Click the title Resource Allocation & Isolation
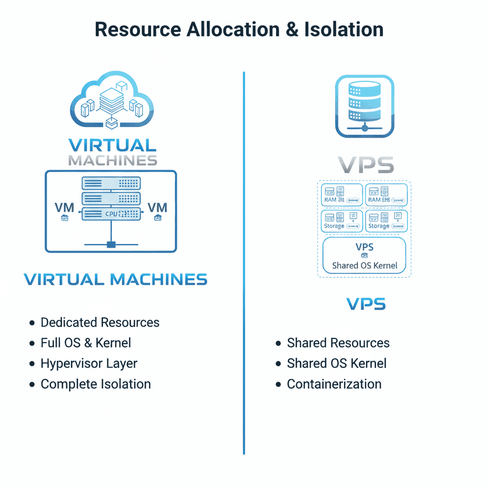click(x=239, y=30)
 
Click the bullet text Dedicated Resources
click(x=100, y=323)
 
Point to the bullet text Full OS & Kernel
click(x=85, y=343)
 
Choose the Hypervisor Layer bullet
click(x=89, y=364)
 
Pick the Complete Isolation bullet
click(x=95, y=384)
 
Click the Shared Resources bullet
click(x=338, y=343)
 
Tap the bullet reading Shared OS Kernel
click(x=336, y=364)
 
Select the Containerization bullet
click(x=334, y=384)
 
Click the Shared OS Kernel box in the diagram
click(x=365, y=256)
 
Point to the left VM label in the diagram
click(x=65, y=208)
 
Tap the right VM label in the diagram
click(x=157, y=208)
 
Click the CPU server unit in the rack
click(x=111, y=213)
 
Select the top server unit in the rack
click(x=111, y=183)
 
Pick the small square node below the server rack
click(x=111, y=244)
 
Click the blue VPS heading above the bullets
click(x=366, y=304)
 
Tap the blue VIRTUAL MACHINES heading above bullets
click(x=116, y=279)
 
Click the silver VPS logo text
click(x=366, y=164)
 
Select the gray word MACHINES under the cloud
click(x=112, y=160)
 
